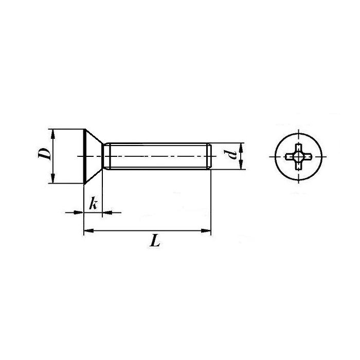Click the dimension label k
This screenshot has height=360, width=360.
pos(94,204)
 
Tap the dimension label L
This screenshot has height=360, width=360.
pos(155,241)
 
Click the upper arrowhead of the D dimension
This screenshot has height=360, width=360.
pos(53,134)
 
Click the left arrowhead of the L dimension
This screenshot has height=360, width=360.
pos(88,230)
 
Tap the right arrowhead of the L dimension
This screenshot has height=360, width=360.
pos(206,230)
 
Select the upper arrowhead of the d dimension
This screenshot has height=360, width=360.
pos(241,148)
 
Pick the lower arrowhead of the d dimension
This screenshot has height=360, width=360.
pos(241,165)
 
